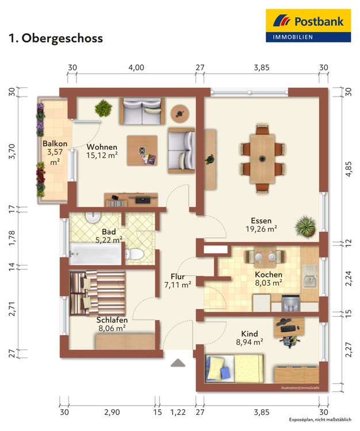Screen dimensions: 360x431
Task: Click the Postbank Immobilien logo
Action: (308, 25)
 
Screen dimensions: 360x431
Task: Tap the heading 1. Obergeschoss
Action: (56, 38)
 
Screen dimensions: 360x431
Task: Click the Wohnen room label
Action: (102, 147)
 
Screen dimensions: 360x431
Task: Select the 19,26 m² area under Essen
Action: (261, 229)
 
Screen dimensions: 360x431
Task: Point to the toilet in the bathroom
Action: (134, 254)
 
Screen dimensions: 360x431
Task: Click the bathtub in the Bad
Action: (95, 253)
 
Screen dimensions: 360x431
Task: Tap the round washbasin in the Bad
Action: (93, 217)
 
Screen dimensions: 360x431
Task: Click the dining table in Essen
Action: (262, 159)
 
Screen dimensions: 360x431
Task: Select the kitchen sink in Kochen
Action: (310, 276)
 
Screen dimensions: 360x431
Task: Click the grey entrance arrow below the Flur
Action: (178, 363)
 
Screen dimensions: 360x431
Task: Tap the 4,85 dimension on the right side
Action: (348, 169)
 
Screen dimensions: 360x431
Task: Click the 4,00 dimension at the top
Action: (136, 67)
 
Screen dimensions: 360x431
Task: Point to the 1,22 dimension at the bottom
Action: (178, 412)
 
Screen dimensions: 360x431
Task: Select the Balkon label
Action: (55, 144)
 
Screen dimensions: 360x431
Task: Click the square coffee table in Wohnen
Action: (142, 151)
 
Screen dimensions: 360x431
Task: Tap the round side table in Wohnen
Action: (180, 113)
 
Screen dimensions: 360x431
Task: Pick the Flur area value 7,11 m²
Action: (178, 285)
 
